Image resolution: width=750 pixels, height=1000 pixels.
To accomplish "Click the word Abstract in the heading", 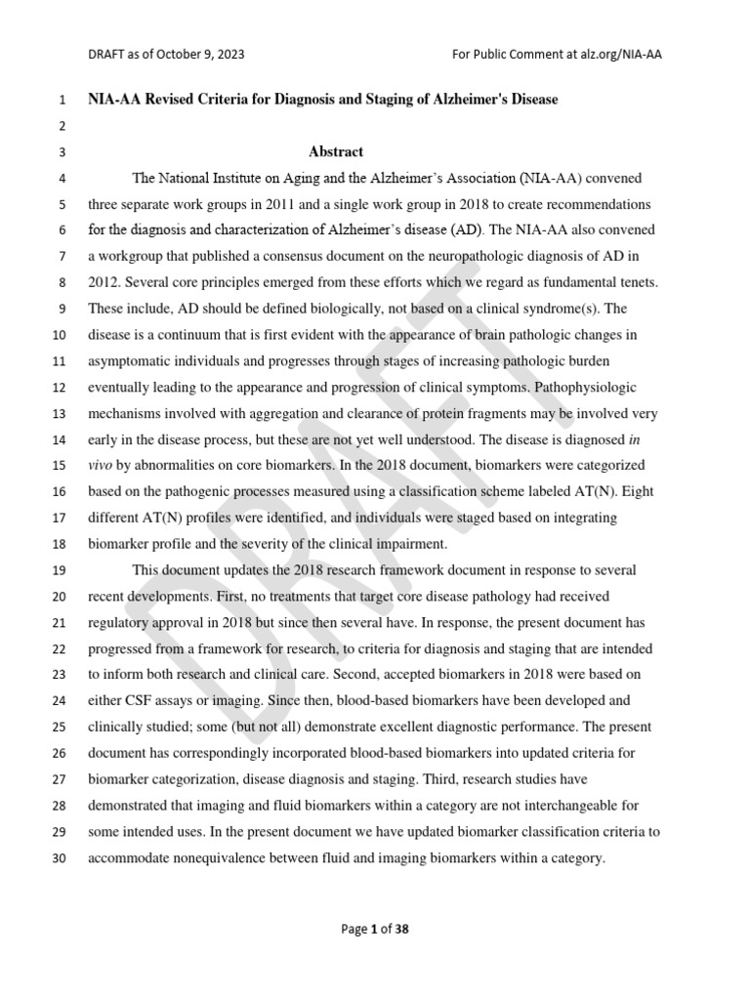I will [x=336, y=151].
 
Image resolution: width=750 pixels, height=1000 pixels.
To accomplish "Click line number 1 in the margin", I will [x=62, y=101].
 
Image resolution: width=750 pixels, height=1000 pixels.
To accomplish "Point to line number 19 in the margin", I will [x=58, y=569].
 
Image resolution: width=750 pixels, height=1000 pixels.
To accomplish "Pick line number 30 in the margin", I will [x=58, y=859].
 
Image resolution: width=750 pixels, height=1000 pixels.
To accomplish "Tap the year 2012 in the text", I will [x=105, y=282].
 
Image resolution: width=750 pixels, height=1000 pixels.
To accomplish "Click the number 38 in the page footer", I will [x=401, y=929].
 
